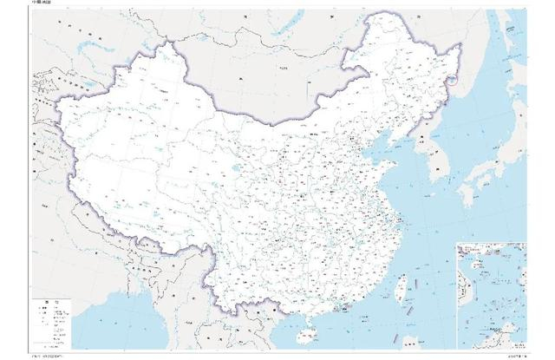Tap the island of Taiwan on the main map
402,289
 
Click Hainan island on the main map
305,333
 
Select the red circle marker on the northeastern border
454,82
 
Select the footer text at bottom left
52,356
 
